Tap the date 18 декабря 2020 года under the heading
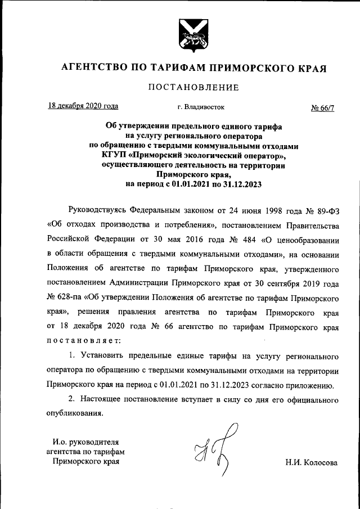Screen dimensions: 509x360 tap(83, 105)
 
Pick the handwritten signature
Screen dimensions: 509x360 tap(209, 454)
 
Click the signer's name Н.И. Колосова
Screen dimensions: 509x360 tap(311, 463)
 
